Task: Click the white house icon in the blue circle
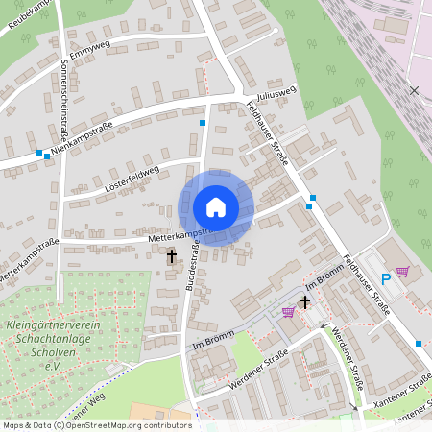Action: click(x=216, y=207)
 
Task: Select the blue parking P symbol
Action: click(x=386, y=279)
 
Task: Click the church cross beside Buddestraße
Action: click(x=173, y=256)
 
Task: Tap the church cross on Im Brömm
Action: click(x=305, y=302)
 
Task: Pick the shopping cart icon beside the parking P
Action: click(x=401, y=272)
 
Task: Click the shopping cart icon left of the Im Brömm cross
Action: click(x=288, y=312)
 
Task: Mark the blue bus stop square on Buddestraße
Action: click(x=202, y=123)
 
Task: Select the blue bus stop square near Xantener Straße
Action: click(x=419, y=344)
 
